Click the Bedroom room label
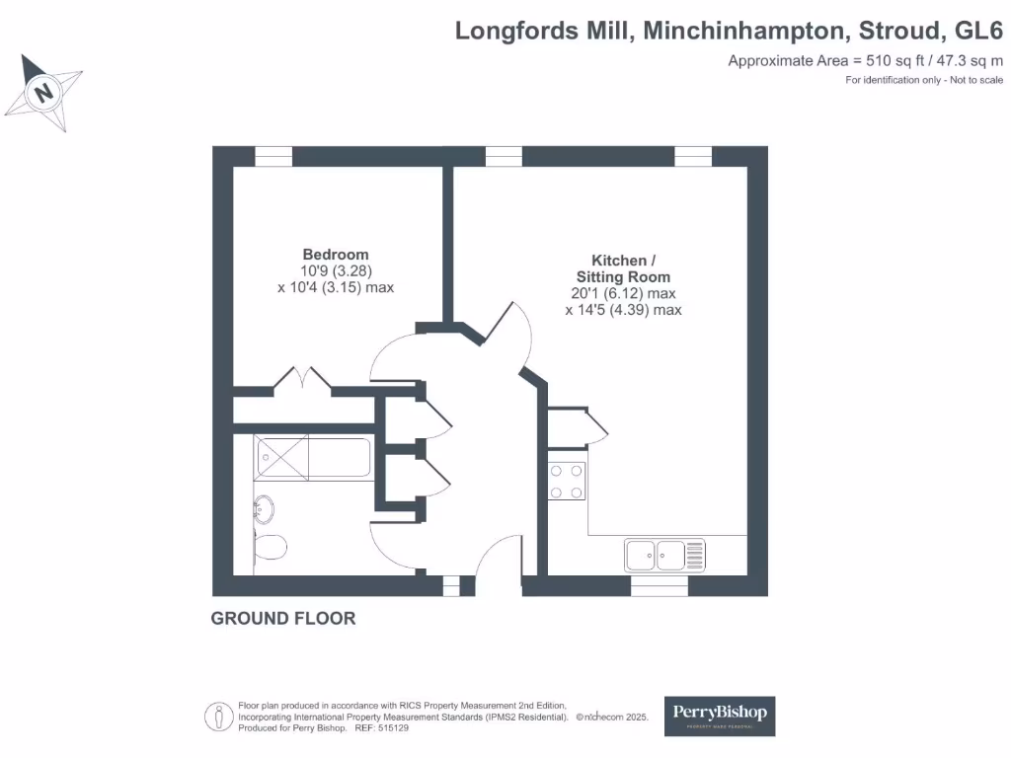[336, 254]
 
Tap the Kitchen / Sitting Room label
[623, 268]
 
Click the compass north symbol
[42, 93]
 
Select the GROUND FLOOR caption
[283, 619]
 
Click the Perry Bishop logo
[719, 715]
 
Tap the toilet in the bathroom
[270, 546]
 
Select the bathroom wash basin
[264, 510]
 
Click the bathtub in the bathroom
[313, 458]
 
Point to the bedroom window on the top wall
[273, 156]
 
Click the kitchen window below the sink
[660, 587]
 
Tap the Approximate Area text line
[851, 61]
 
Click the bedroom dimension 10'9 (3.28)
[337, 270]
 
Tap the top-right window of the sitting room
[693, 156]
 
